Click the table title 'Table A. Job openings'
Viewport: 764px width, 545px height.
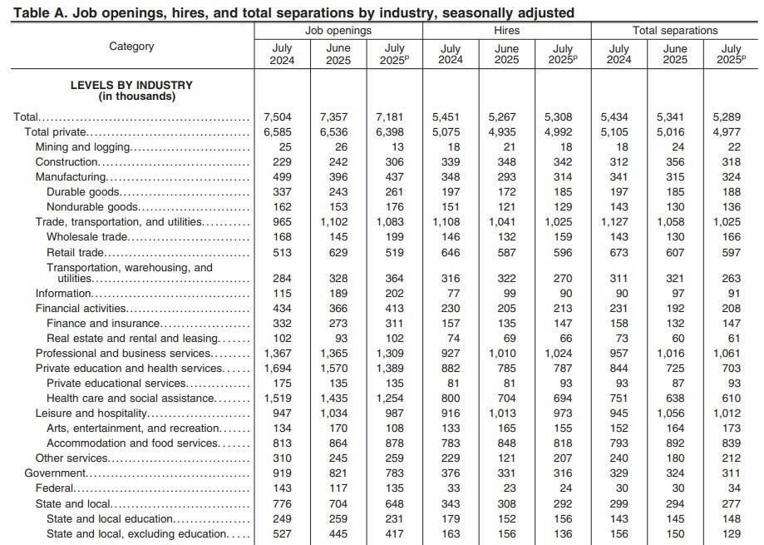pyautogui.click(x=293, y=12)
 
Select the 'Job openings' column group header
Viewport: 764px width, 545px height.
pyautogui.click(x=338, y=31)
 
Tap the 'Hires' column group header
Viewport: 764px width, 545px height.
pyautogui.click(x=506, y=31)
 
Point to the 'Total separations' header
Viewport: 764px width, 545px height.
pyautogui.click(x=675, y=31)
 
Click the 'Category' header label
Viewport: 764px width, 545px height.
pyautogui.click(x=131, y=47)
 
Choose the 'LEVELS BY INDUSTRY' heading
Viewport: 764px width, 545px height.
pyautogui.click(x=131, y=85)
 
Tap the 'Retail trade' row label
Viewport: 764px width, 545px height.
pyautogui.click(x=75, y=252)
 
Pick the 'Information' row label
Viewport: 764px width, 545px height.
pyautogui.click(x=63, y=293)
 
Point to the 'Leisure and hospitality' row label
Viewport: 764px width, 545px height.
pyautogui.click(x=91, y=413)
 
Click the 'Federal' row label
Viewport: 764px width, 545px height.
pyautogui.click(x=55, y=488)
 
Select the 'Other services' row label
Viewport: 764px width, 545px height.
pyautogui.click(x=71, y=458)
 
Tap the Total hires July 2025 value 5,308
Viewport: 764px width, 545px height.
pyautogui.click(x=563, y=117)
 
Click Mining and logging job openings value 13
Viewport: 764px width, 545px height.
pyautogui.click(x=397, y=147)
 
